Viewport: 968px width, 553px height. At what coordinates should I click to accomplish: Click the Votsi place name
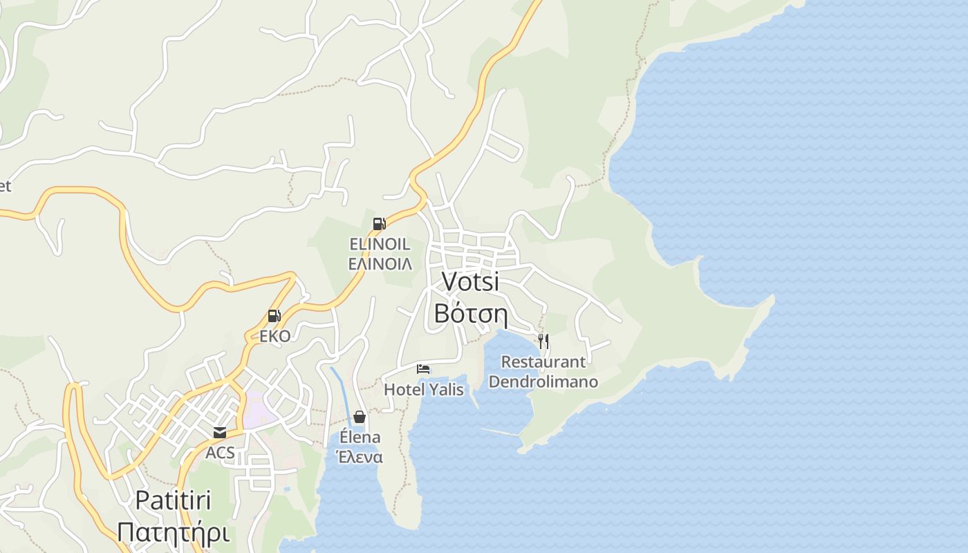[470, 282]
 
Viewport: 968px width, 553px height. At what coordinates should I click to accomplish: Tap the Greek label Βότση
[470, 314]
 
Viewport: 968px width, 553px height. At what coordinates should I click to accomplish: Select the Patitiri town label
[173, 500]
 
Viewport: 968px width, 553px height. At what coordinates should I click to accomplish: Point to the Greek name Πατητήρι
[173, 532]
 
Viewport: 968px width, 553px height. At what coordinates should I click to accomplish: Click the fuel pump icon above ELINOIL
[379, 224]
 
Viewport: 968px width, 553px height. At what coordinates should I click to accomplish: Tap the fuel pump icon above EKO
[274, 317]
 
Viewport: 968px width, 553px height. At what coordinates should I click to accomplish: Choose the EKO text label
[274, 336]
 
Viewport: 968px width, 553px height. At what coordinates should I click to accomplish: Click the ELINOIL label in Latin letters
[380, 244]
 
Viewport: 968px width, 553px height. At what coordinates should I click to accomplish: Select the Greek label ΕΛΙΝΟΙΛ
[380, 263]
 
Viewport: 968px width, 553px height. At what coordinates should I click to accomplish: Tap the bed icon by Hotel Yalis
[423, 369]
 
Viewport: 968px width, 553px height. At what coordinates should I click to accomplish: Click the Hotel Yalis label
[424, 389]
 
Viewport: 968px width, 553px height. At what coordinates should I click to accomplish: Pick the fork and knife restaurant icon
[543, 341]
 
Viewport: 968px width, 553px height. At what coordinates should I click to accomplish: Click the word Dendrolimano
[543, 382]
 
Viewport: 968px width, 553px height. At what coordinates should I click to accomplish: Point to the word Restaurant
[543, 362]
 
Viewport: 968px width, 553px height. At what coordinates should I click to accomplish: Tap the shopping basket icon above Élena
[360, 417]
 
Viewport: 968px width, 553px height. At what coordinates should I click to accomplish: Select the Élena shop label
[360, 437]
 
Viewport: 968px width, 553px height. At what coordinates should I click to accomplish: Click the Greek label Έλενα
[360, 457]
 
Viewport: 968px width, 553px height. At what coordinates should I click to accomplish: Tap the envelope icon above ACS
[220, 433]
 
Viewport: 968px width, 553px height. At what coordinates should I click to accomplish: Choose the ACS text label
[220, 453]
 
